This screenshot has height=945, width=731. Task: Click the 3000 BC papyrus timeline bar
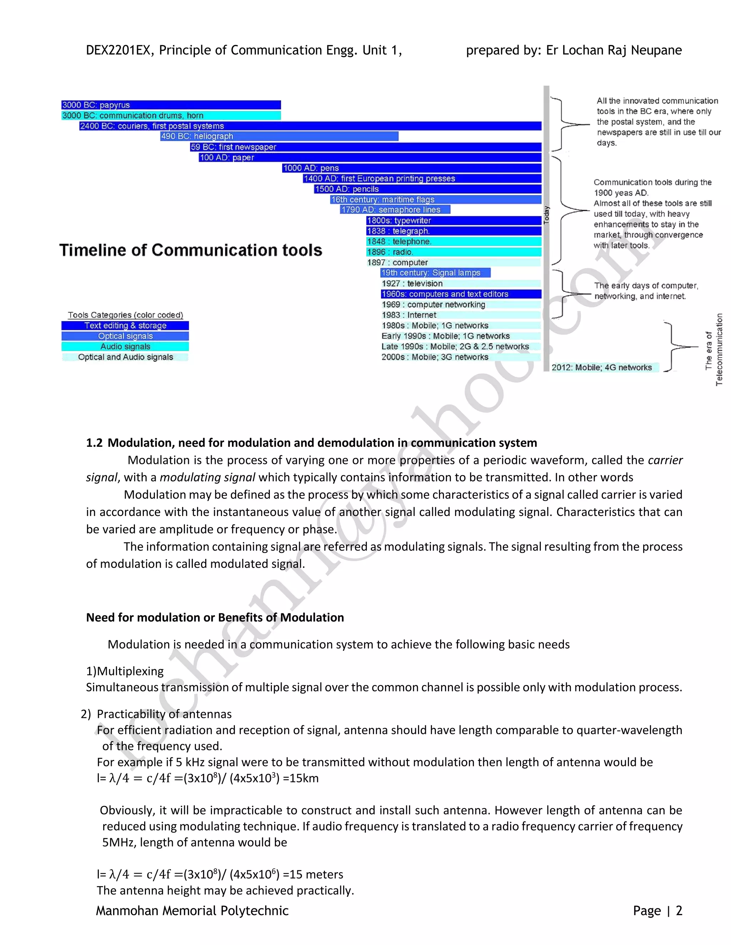(171, 105)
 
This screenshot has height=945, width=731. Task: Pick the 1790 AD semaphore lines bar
(395, 209)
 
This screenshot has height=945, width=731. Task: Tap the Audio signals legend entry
(125, 347)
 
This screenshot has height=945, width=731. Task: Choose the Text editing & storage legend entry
(125, 325)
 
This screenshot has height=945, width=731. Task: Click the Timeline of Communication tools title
(191, 250)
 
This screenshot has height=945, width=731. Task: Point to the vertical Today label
(546, 215)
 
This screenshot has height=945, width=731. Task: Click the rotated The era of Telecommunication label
(714, 349)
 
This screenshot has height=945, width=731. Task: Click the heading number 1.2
(94, 443)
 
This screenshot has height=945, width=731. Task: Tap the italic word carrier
(665, 460)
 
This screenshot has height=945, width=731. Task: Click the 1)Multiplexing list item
(125, 671)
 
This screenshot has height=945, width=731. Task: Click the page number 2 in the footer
(679, 911)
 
